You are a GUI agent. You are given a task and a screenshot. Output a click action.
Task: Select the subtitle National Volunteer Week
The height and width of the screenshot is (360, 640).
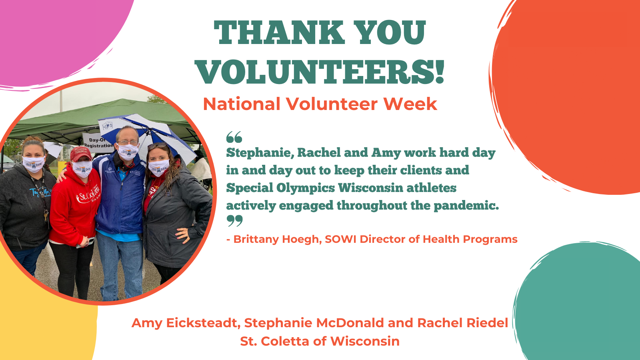(320, 104)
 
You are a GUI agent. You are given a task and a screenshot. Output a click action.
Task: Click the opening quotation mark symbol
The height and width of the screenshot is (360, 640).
(234, 137)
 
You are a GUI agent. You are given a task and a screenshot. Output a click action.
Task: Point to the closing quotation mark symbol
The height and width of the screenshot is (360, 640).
(234, 221)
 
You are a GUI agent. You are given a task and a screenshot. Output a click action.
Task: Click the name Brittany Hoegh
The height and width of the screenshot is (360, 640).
(276, 240)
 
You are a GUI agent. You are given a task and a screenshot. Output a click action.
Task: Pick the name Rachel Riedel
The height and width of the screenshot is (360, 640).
(462, 323)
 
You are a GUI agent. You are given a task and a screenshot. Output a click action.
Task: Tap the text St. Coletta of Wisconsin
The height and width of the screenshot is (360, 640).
(320, 341)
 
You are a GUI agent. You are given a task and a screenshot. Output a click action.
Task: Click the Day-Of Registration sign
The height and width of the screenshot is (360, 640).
(98, 141)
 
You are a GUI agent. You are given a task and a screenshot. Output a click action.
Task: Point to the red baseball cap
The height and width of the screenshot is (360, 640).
(81, 154)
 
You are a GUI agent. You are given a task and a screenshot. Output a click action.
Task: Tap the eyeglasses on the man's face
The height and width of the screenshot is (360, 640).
(128, 142)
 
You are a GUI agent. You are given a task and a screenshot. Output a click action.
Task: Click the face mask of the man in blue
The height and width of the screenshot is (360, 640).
(128, 152)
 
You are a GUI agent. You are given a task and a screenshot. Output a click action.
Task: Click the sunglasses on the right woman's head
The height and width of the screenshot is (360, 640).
(157, 146)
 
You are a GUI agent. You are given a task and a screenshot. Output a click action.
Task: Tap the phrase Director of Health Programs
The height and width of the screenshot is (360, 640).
(438, 240)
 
